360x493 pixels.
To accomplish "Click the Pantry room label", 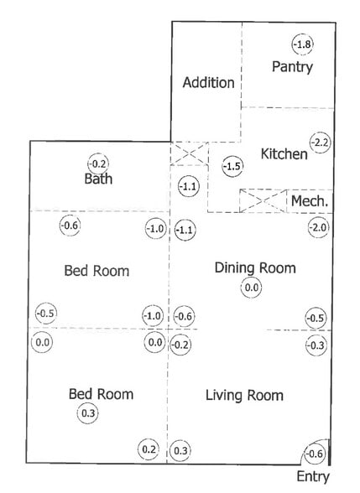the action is [292, 67].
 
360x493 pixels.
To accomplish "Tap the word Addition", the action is [209, 83].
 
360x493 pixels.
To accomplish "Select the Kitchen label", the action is [284, 154].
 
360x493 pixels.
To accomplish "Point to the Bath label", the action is [98, 179].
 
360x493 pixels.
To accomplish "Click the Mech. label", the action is [310, 201].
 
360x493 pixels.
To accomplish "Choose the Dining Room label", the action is [255, 268].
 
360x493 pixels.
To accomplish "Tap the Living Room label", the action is [244, 396].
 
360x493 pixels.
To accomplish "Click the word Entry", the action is [313, 477].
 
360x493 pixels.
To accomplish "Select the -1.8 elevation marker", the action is [303, 44].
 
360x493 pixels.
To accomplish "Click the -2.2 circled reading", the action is [321, 143].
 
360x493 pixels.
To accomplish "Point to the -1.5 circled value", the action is [232, 166].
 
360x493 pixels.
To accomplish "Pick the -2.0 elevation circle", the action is [319, 227].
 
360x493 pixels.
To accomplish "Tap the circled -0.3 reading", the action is [316, 345].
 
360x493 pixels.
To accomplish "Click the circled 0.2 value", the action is [149, 449].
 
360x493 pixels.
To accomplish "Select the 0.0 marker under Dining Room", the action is [251, 288].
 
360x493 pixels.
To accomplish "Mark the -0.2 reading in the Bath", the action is [98, 163].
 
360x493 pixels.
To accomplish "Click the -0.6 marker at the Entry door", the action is [314, 454].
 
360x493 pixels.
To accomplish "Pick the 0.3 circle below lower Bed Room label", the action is [88, 413].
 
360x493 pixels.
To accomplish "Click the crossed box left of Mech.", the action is [263, 201].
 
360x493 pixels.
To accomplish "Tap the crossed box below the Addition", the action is [189, 153].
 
